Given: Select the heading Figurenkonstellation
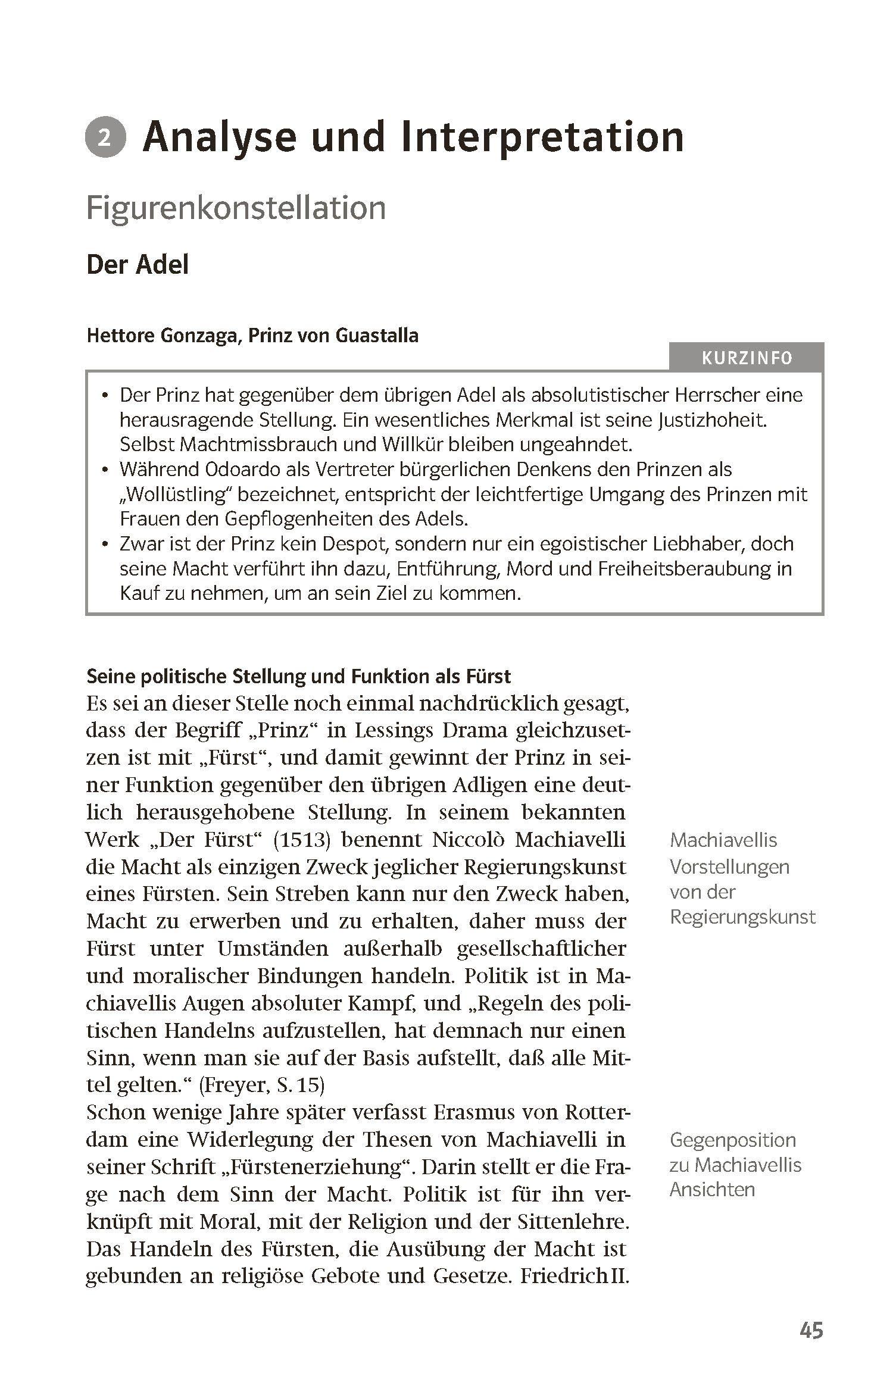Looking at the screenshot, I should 236,208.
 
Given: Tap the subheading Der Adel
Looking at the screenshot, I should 138,264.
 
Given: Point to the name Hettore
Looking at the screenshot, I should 120,336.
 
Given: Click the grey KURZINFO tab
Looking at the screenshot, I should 747,358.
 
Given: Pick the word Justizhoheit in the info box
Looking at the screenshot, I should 713,421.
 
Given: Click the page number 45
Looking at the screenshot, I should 811,1331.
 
